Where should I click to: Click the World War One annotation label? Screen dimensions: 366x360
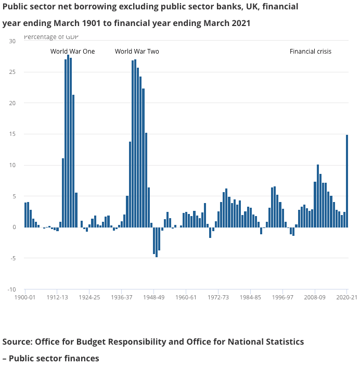[x=72, y=52]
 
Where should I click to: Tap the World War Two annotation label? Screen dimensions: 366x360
[x=137, y=52]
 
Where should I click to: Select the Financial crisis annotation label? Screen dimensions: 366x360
[x=310, y=52]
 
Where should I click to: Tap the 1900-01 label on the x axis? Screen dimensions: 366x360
[x=25, y=298]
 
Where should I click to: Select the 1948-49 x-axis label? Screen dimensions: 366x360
[x=153, y=298]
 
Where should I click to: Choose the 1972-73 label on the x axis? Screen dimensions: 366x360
[x=218, y=298]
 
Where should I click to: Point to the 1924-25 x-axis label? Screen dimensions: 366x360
[x=89, y=298]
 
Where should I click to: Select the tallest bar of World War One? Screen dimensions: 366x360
[x=68, y=141]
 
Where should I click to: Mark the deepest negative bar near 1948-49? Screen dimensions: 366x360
[x=157, y=242]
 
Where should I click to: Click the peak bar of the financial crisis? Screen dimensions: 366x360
[x=317, y=196]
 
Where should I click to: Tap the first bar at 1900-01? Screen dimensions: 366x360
[x=25, y=215]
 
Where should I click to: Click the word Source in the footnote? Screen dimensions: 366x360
[x=17, y=342]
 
